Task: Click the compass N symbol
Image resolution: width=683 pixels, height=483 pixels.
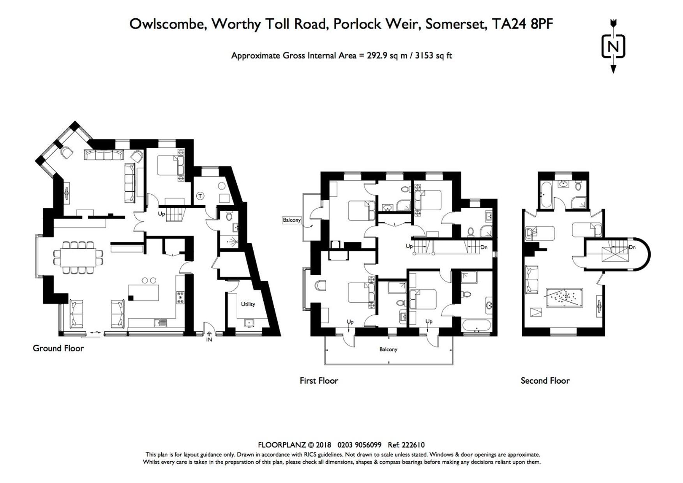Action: (x=613, y=47)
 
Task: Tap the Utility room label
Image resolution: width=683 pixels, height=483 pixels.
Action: (x=248, y=304)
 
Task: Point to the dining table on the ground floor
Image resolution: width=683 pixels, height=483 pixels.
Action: (x=78, y=257)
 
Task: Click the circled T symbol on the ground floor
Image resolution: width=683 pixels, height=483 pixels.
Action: (x=200, y=196)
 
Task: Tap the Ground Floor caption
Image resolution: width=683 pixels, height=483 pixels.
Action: (x=58, y=349)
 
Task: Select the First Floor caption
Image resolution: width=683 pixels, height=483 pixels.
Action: (x=319, y=381)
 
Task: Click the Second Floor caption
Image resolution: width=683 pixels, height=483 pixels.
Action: (x=545, y=381)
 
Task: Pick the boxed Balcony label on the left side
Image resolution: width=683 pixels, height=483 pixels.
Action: (x=292, y=220)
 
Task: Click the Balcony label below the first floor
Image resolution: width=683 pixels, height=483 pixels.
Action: (x=388, y=349)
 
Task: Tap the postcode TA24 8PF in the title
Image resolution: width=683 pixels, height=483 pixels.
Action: (x=522, y=24)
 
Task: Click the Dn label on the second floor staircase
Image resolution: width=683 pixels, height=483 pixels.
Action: (x=632, y=247)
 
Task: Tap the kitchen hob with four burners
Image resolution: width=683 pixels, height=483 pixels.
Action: (x=180, y=297)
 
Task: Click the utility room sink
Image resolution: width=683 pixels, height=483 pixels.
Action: (x=248, y=323)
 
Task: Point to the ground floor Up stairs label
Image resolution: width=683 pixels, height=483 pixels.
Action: (x=161, y=214)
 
